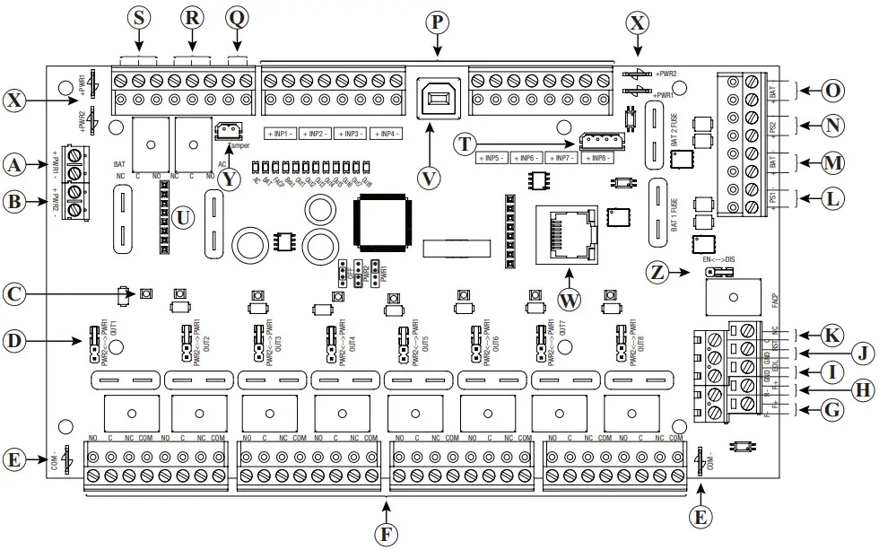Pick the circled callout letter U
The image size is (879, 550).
tap(184, 215)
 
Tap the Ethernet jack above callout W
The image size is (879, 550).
tap(566, 234)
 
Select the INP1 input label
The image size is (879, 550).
tap(281, 134)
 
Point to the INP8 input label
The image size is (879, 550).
tap(596, 158)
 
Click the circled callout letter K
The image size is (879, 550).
tap(832, 336)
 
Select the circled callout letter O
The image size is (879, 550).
tap(832, 91)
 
